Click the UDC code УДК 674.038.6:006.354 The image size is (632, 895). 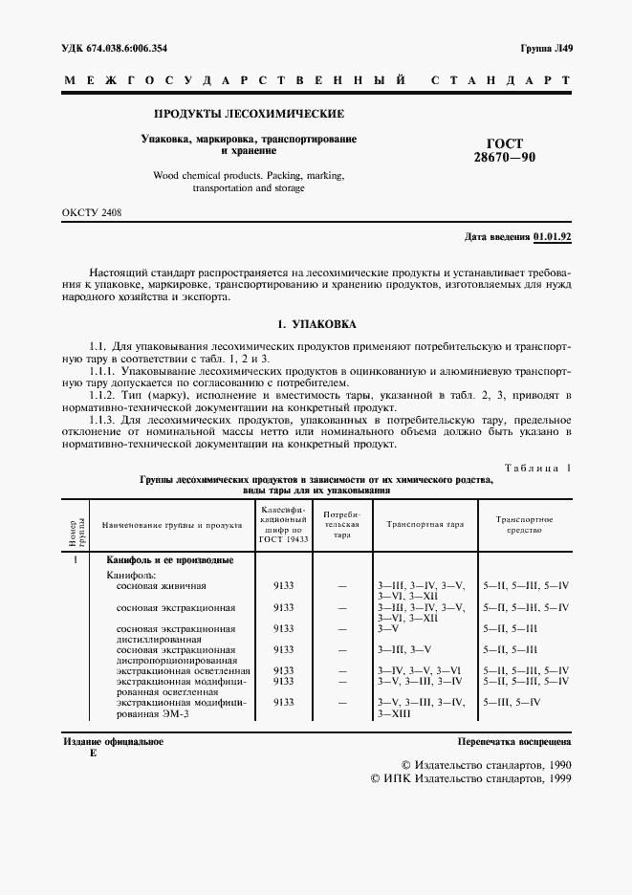click(120, 47)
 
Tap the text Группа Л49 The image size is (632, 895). click(545, 47)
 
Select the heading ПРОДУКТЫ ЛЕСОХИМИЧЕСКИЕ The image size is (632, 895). click(249, 114)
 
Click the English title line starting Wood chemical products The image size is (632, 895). click(249, 176)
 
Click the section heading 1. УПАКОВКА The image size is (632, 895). click(316, 324)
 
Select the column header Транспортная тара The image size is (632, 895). click(425, 525)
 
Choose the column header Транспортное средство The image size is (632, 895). click(523, 524)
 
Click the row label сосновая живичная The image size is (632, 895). click(161, 584)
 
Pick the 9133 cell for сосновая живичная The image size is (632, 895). click(283, 584)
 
